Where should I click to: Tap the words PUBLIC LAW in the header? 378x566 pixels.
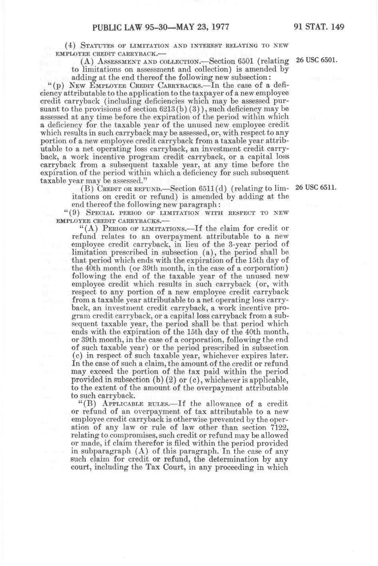click(x=115, y=28)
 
